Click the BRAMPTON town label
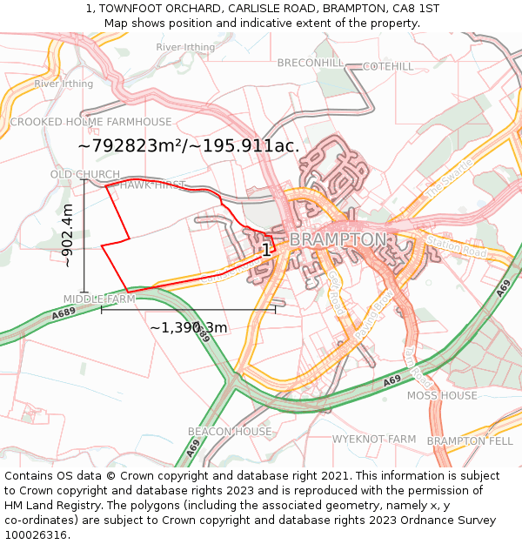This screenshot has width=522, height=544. click(338, 238)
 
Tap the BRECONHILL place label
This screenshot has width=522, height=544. click(311, 64)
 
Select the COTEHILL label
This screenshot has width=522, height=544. click(388, 66)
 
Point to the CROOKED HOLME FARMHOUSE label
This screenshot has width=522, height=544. click(90, 122)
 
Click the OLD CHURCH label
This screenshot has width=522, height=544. click(85, 175)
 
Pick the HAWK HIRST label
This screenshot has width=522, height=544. click(152, 185)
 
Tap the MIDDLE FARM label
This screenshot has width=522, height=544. click(99, 299)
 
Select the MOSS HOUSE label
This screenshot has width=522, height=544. click(442, 395)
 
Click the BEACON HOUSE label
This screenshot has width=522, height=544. click(230, 432)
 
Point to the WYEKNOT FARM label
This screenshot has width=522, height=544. click(374, 439)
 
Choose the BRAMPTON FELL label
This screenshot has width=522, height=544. click(470, 441)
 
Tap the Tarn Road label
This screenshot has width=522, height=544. click(418, 366)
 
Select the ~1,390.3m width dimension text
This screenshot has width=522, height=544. click(188, 328)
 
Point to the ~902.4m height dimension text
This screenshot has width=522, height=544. click(68, 235)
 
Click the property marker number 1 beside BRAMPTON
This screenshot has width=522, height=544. click(266, 250)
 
